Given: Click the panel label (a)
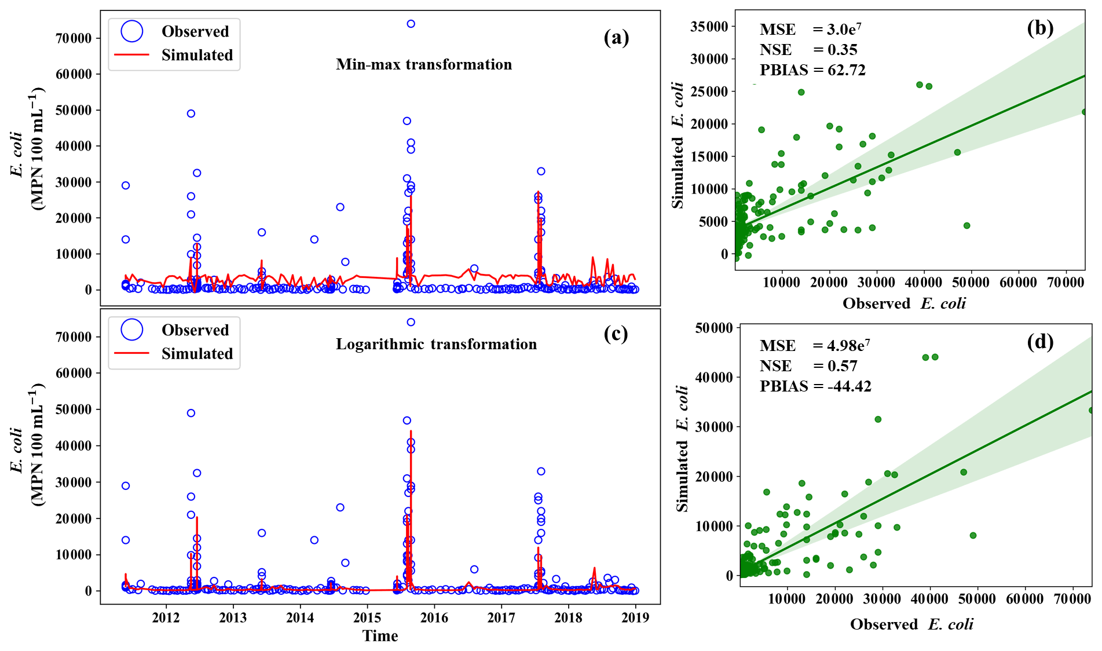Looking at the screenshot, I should point(616,38).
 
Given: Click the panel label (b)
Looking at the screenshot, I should point(1040,28).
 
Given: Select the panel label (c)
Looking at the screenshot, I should point(616,334).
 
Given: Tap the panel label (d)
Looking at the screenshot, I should point(1040,342).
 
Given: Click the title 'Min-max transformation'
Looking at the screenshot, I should point(424,64).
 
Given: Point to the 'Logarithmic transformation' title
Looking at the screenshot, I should point(436,344).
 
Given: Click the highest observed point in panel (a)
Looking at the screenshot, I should point(411,24).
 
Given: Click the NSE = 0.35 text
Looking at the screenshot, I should point(808,50).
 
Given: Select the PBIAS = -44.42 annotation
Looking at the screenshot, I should point(815,386).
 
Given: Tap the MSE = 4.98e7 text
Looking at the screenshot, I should point(815,345).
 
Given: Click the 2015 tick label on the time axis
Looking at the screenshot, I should point(367,618).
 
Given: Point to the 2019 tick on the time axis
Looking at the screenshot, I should point(635,618).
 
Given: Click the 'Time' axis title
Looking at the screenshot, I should point(380,636).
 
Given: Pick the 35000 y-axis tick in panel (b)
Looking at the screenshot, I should point(709,27).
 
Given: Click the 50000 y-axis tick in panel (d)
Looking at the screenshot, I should point(713,328).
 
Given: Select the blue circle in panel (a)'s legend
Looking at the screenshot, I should point(132,31).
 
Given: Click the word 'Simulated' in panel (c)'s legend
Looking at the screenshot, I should point(197,354).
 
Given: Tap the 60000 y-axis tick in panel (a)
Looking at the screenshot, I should point(74,74).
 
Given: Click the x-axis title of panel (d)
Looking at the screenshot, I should point(911,624).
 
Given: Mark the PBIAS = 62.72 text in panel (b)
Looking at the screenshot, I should point(812,70).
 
